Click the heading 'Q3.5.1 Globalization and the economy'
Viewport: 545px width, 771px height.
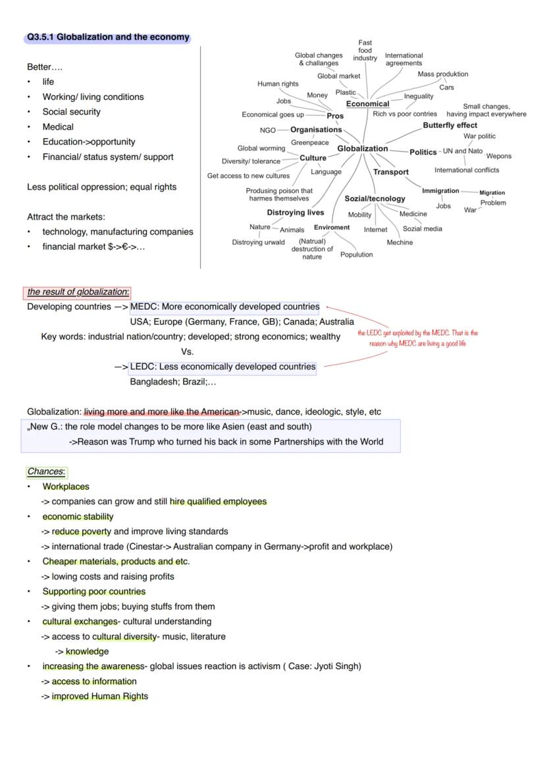(108, 38)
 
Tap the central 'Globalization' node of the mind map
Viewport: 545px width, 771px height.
(363, 149)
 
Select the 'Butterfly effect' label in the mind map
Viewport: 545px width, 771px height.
(450, 125)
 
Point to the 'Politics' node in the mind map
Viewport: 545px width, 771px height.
(423, 152)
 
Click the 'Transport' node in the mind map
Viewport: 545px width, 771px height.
(391, 172)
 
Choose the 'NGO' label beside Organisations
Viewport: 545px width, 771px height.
(268, 130)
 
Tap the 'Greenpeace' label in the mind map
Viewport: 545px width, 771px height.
(310, 143)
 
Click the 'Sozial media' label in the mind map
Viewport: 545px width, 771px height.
(422, 229)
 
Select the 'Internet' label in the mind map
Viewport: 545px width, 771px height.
(375, 230)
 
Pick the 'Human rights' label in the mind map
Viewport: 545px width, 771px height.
(278, 84)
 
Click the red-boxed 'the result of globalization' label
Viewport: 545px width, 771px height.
(78, 292)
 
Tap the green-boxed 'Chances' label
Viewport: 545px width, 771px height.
(46, 472)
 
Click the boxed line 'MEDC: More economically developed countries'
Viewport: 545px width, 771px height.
(224, 307)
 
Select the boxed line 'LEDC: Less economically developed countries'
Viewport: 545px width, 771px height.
(222, 367)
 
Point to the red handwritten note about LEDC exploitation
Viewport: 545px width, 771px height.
(417, 338)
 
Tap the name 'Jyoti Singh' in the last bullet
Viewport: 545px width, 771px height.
(336, 666)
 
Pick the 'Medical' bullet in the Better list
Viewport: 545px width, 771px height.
(58, 127)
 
